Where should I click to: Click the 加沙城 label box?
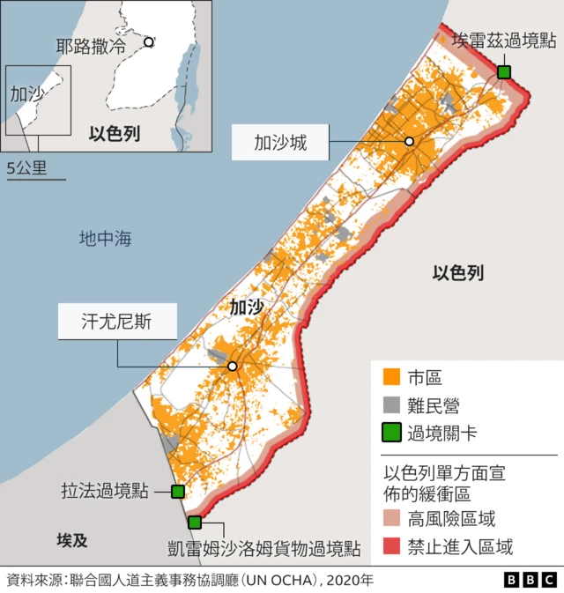281,142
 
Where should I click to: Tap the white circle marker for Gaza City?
409,142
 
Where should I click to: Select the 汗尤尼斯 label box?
117,322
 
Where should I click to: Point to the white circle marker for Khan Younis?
233,367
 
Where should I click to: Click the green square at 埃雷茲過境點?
504,72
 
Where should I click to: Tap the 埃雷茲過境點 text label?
504,41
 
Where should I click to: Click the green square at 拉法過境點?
177,492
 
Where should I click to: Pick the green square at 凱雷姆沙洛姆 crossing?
195,523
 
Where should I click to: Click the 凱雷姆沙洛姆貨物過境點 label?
263,548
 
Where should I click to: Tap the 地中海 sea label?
105,238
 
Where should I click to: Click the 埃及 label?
72,539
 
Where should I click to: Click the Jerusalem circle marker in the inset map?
149,41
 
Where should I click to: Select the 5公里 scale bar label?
26,167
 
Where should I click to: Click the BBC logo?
531,579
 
